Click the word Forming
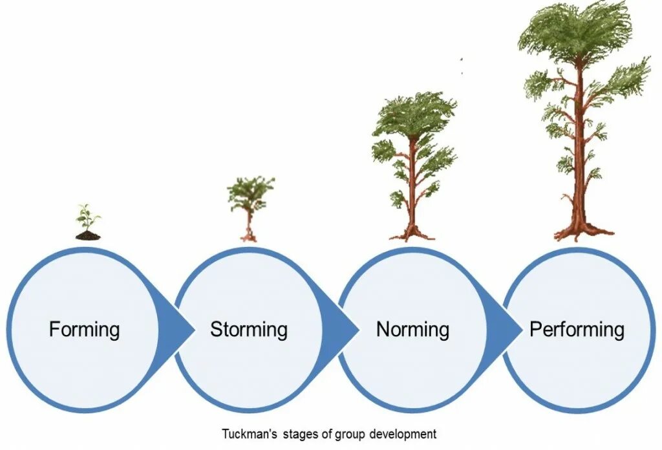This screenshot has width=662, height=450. (x=84, y=330)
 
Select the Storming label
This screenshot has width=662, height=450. (x=248, y=330)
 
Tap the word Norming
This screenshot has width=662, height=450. (x=412, y=330)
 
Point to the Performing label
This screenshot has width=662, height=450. (x=577, y=330)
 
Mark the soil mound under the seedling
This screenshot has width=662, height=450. (x=88, y=235)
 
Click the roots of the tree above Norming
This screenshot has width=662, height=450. (x=412, y=233)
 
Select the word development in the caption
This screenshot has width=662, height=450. (x=406, y=433)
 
